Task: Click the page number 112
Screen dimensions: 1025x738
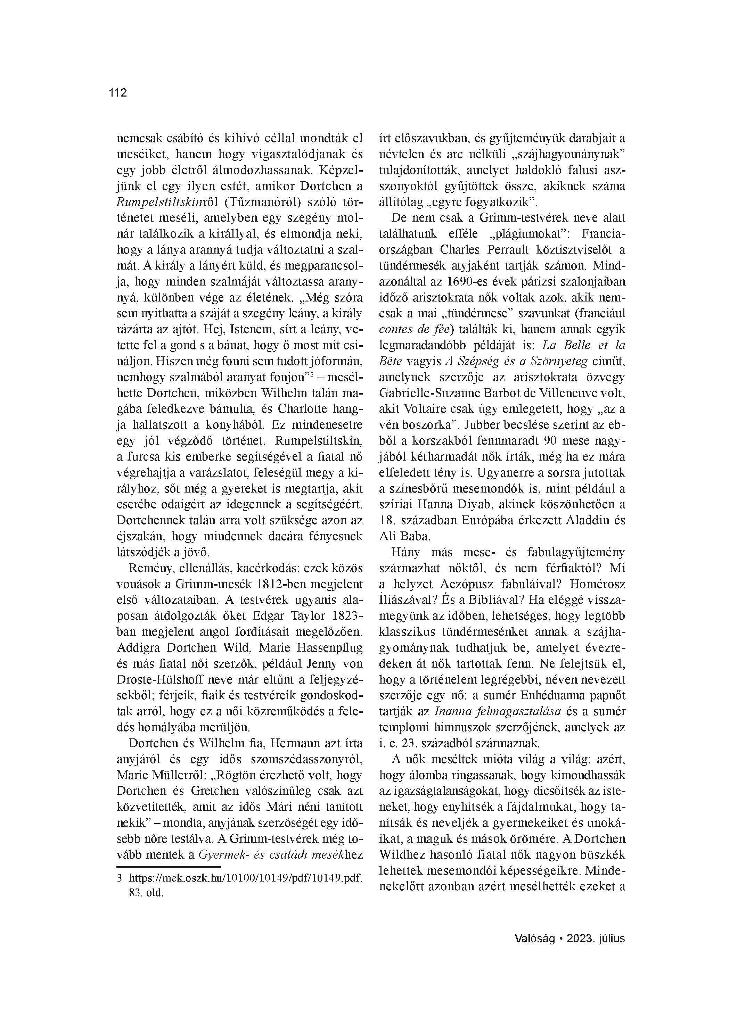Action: point(117,93)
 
